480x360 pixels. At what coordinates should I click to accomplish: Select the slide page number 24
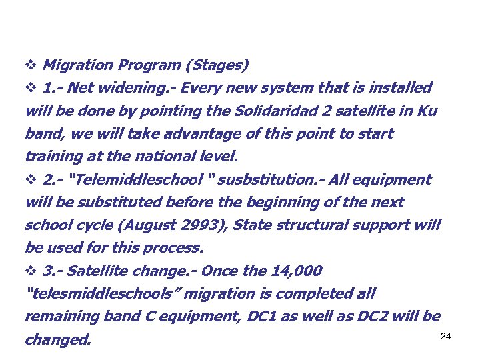(x=446, y=336)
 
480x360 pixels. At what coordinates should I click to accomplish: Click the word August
(x=143, y=225)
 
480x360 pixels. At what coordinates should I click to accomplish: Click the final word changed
(x=57, y=340)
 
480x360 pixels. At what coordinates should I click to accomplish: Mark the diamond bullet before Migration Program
(x=29, y=65)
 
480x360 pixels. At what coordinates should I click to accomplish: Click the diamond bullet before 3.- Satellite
(x=29, y=271)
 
